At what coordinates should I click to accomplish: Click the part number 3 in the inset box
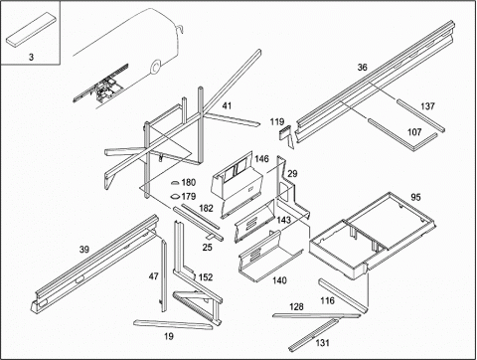click(x=31, y=57)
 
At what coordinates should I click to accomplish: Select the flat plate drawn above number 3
click(x=31, y=29)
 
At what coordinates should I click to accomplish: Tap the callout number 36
click(x=363, y=68)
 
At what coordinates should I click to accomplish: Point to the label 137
click(x=427, y=106)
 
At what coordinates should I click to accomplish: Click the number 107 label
click(x=414, y=132)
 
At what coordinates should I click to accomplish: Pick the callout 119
click(x=277, y=122)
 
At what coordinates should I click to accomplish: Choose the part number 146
click(x=261, y=159)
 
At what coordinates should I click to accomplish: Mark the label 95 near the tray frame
click(x=415, y=197)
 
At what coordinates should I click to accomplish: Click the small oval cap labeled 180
click(x=175, y=183)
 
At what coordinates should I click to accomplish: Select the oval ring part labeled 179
click(x=175, y=197)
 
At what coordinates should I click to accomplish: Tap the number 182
click(x=206, y=208)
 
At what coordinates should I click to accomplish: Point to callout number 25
click(x=207, y=248)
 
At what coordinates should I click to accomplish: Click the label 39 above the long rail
click(x=84, y=250)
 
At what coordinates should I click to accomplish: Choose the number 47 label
click(x=153, y=276)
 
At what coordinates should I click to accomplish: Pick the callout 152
click(x=206, y=277)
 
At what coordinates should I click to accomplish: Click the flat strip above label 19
click(x=173, y=324)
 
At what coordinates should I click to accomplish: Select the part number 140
click(x=279, y=280)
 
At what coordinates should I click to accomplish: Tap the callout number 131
click(x=322, y=343)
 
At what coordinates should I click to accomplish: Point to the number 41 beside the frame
click(x=227, y=106)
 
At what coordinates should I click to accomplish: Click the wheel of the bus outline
click(x=156, y=67)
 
